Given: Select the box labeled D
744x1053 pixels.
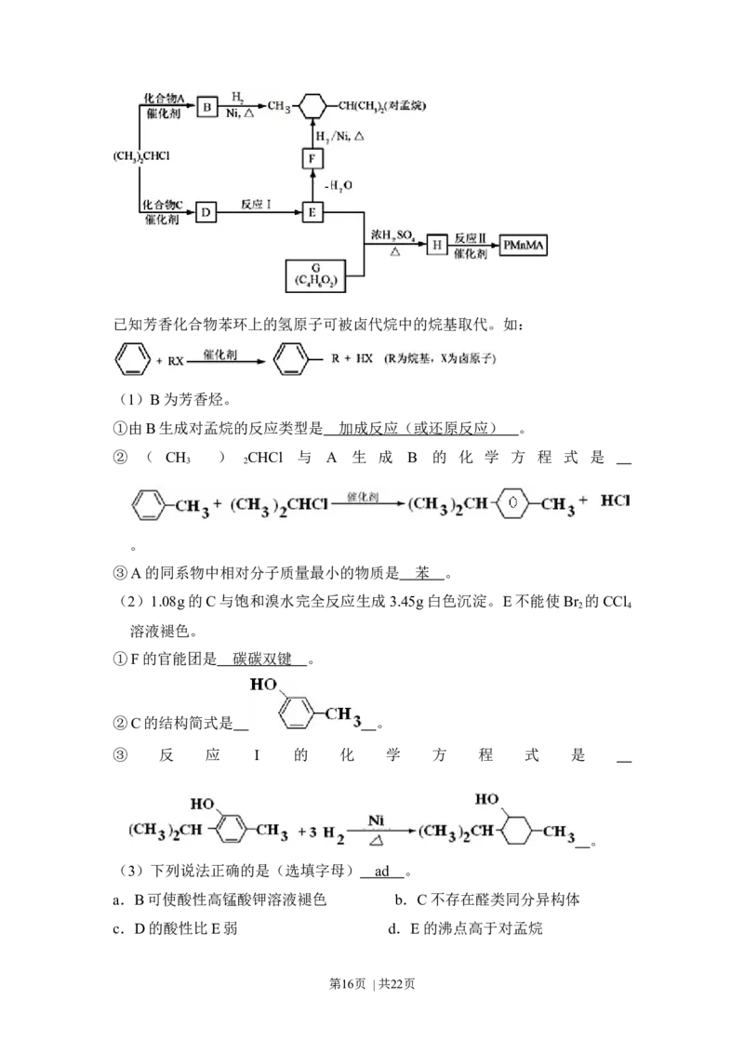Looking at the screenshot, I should [206, 213].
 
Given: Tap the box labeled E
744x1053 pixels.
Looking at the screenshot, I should [313, 213].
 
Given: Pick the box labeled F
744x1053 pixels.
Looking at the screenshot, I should [313, 160].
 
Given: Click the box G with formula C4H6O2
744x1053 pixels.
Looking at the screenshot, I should [317, 277].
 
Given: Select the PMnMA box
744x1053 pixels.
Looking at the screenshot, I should [524, 245].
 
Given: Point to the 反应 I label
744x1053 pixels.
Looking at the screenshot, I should [256, 206].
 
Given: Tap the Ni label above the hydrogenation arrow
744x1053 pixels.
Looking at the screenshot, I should [376, 820].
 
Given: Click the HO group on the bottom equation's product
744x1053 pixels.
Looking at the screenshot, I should [485, 799].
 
